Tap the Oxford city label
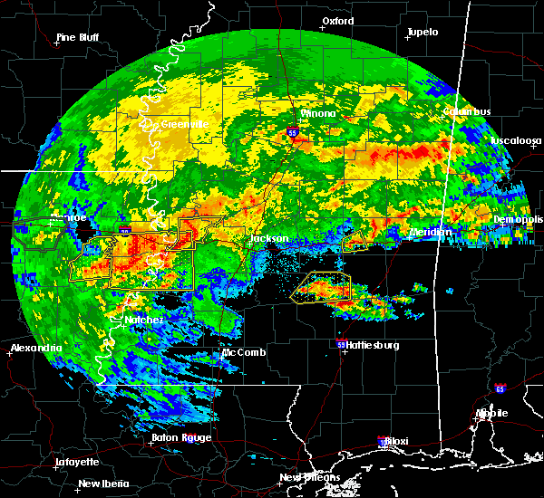pos(337,21)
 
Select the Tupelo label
pos(422,33)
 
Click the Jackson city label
pos(269,239)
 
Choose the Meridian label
pos(429,233)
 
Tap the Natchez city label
pos(144,321)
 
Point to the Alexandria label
pos(35,349)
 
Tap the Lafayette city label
pos(76,462)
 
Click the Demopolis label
pos(518,220)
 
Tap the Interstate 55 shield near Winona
pos(293,132)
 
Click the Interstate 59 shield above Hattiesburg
pos(342,345)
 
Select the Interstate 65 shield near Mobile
pos(500,388)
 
